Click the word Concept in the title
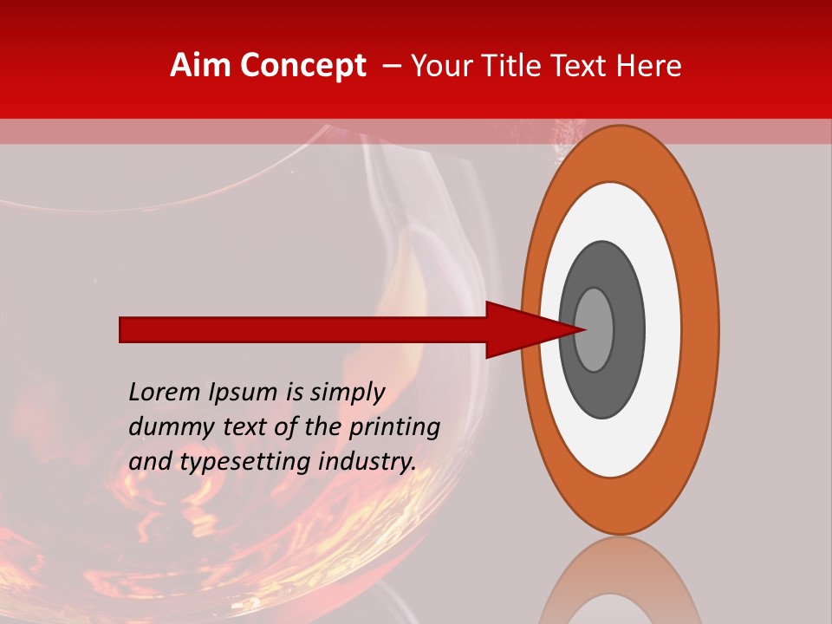302,66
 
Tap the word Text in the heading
583,66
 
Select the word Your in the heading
439,66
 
